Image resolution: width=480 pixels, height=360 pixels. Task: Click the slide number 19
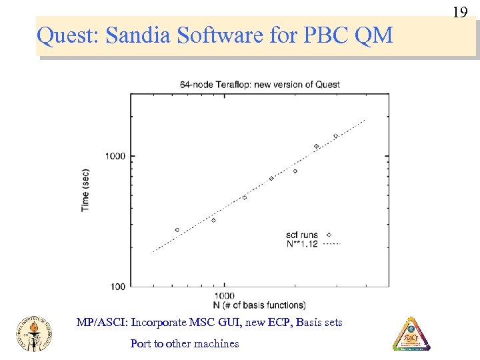459,12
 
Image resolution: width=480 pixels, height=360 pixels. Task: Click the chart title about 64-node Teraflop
259,85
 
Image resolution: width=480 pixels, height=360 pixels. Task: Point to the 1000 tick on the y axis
115,156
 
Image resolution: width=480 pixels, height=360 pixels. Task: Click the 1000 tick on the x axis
225,295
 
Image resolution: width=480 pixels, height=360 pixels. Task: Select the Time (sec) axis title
85,190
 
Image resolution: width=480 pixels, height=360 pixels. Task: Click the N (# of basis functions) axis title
250,305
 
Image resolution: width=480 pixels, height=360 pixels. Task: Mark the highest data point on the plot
336,136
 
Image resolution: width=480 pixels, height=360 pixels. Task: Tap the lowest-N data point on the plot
177,230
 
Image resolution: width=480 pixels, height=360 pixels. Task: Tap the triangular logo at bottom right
411,333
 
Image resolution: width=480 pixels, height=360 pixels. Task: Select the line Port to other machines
185,344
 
